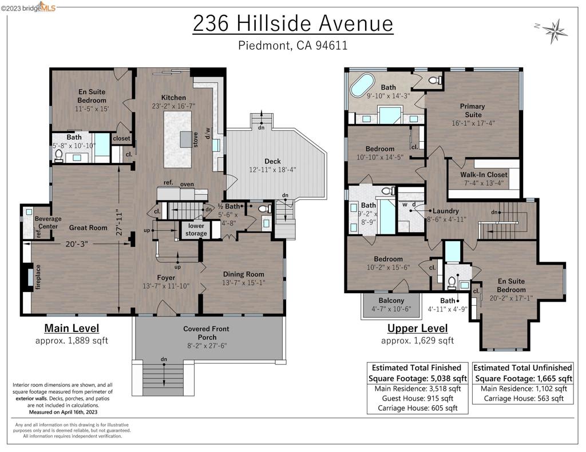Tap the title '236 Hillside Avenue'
(x=292, y=24)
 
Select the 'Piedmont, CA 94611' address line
(x=292, y=46)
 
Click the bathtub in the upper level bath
(x=361, y=85)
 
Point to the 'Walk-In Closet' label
(x=484, y=175)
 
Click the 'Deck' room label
(x=272, y=161)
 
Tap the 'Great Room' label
(x=88, y=227)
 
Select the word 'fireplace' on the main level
(x=38, y=278)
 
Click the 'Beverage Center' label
(x=48, y=222)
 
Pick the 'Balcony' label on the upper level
(x=391, y=301)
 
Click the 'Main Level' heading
(x=72, y=328)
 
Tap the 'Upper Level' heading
(x=417, y=328)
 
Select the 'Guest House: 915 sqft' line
(x=417, y=398)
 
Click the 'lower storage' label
(x=196, y=229)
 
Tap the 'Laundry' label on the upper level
(x=446, y=210)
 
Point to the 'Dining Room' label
(x=243, y=274)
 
